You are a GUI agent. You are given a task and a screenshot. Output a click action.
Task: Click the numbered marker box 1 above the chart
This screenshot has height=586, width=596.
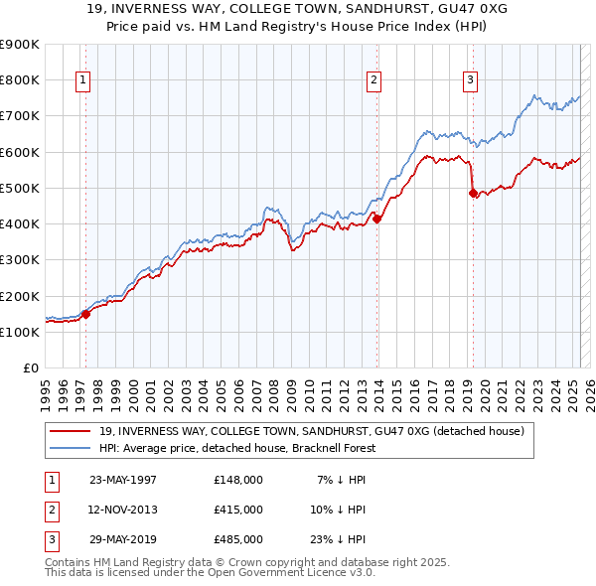coord(81,81)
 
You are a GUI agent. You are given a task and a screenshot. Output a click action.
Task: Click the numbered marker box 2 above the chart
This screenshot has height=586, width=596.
coord(373,81)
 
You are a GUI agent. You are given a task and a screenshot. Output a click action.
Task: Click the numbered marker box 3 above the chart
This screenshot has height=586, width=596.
coord(470,81)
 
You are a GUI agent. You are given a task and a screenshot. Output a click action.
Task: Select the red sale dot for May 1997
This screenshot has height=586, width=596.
coord(85,315)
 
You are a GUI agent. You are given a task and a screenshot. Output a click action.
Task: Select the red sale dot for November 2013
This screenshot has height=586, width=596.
coord(377,219)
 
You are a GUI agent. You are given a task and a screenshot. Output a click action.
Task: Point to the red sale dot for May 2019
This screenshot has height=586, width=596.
coord(474,194)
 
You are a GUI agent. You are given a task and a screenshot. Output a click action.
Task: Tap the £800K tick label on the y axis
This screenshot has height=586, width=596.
coord(21,79)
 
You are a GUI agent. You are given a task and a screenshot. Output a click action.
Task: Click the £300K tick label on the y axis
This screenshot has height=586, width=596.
coord(21,259)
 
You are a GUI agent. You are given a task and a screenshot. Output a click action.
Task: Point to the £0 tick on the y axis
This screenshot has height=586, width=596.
coord(30,367)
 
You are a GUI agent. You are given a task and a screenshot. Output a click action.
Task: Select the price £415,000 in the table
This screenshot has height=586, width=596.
coord(238,510)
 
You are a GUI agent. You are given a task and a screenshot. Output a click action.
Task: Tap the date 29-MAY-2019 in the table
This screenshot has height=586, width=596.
coord(123,539)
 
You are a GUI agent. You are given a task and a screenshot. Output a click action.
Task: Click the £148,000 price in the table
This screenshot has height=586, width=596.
coord(238,480)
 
